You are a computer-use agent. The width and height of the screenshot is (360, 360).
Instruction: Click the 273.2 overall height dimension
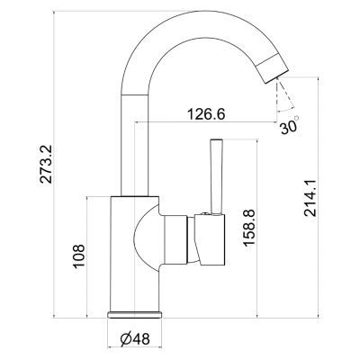coord(46,164)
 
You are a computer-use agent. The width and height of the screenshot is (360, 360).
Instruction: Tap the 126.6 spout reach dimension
coord(206,114)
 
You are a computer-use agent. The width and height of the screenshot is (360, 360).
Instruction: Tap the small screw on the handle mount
coord(205,214)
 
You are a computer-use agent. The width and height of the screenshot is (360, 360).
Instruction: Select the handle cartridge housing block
coord(211,240)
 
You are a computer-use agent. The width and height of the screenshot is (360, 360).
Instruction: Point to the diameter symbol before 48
coord(125,338)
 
